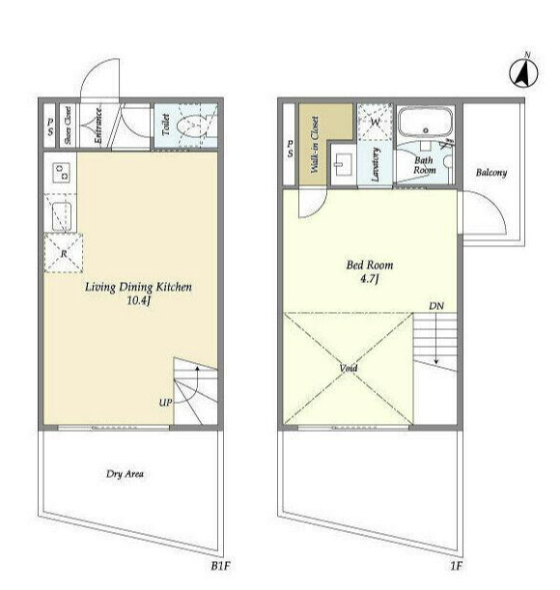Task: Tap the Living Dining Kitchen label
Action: [138, 287]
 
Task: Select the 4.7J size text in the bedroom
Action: [369, 279]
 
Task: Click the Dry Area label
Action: [125, 474]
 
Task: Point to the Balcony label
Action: [491, 173]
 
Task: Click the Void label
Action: [349, 368]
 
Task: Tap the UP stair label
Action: [165, 403]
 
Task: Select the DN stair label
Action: [436, 306]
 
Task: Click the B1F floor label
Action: [220, 566]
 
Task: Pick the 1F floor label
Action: [456, 566]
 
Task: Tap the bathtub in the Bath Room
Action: [425, 123]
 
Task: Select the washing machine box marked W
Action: [375, 122]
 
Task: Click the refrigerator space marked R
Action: [64, 253]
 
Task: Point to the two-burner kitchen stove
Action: [62, 173]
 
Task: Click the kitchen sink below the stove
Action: [62, 216]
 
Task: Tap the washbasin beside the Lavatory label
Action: [343, 165]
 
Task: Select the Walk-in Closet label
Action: [315, 145]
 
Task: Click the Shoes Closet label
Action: [68, 126]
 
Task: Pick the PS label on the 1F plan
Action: [290, 149]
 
